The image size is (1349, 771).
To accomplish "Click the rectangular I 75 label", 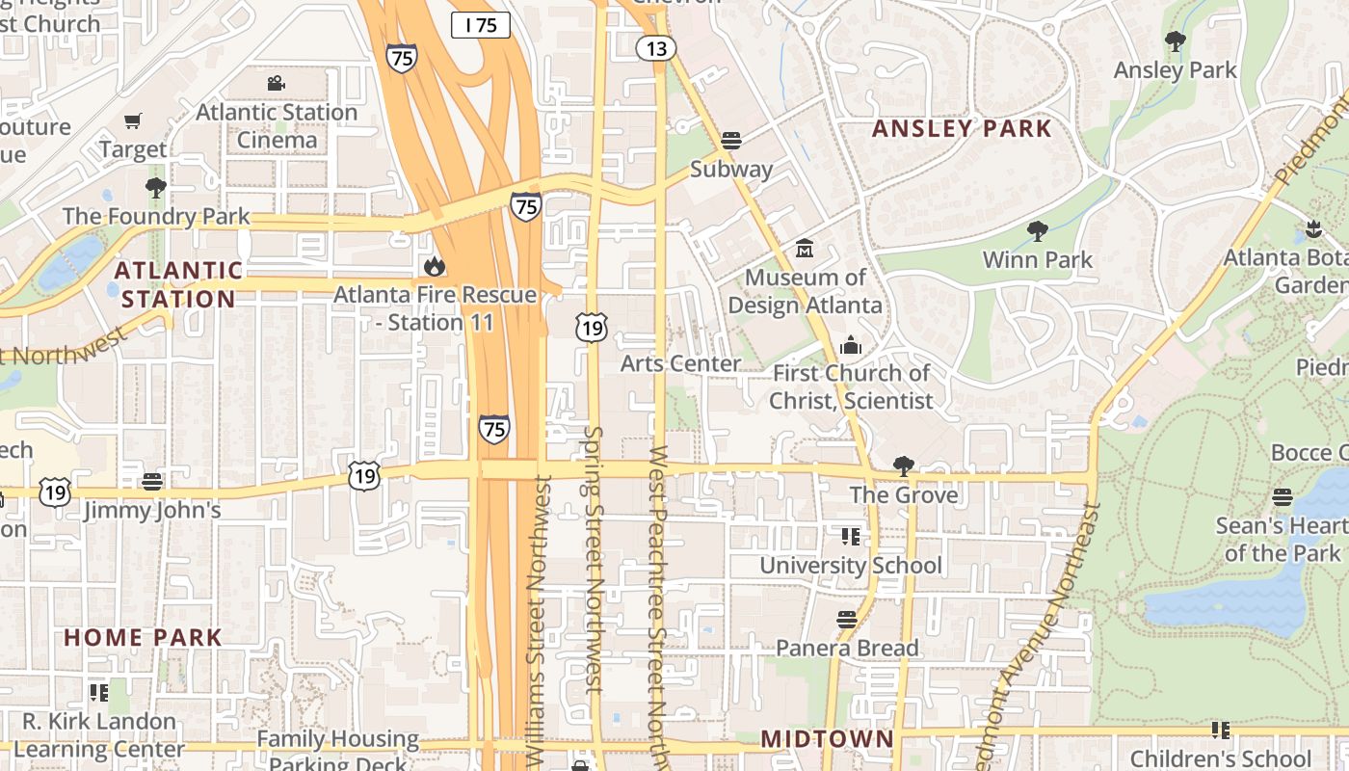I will tap(481, 25).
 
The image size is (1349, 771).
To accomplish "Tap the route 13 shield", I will tap(655, 48).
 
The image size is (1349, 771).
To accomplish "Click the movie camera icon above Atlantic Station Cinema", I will tap(277, 83).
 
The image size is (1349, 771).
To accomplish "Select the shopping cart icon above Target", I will tap(133, 121).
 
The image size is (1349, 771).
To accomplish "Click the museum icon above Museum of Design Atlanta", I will tap(805, 249).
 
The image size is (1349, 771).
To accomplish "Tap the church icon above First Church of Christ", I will tap(851, 344).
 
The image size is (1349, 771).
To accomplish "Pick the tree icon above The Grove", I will tap(903, 466).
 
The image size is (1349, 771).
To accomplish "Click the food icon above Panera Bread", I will tap(847, 620).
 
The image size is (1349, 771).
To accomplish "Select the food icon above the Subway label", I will tap(730, 141).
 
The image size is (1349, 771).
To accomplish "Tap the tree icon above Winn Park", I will tap(1038, 231).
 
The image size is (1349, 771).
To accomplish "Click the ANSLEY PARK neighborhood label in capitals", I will tap(962, 129).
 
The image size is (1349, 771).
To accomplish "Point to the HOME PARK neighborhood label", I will tap(144, 638).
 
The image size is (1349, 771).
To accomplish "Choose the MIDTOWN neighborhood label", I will tap(828, 739).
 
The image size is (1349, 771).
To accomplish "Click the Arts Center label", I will tap(681, 363).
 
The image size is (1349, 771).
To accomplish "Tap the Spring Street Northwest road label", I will tap(594, 559).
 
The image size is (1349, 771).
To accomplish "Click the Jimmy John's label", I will tap(152, 510).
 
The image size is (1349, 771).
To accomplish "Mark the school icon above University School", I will tap(850, 536).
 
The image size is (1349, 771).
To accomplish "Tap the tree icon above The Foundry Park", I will tap(155, 187).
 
